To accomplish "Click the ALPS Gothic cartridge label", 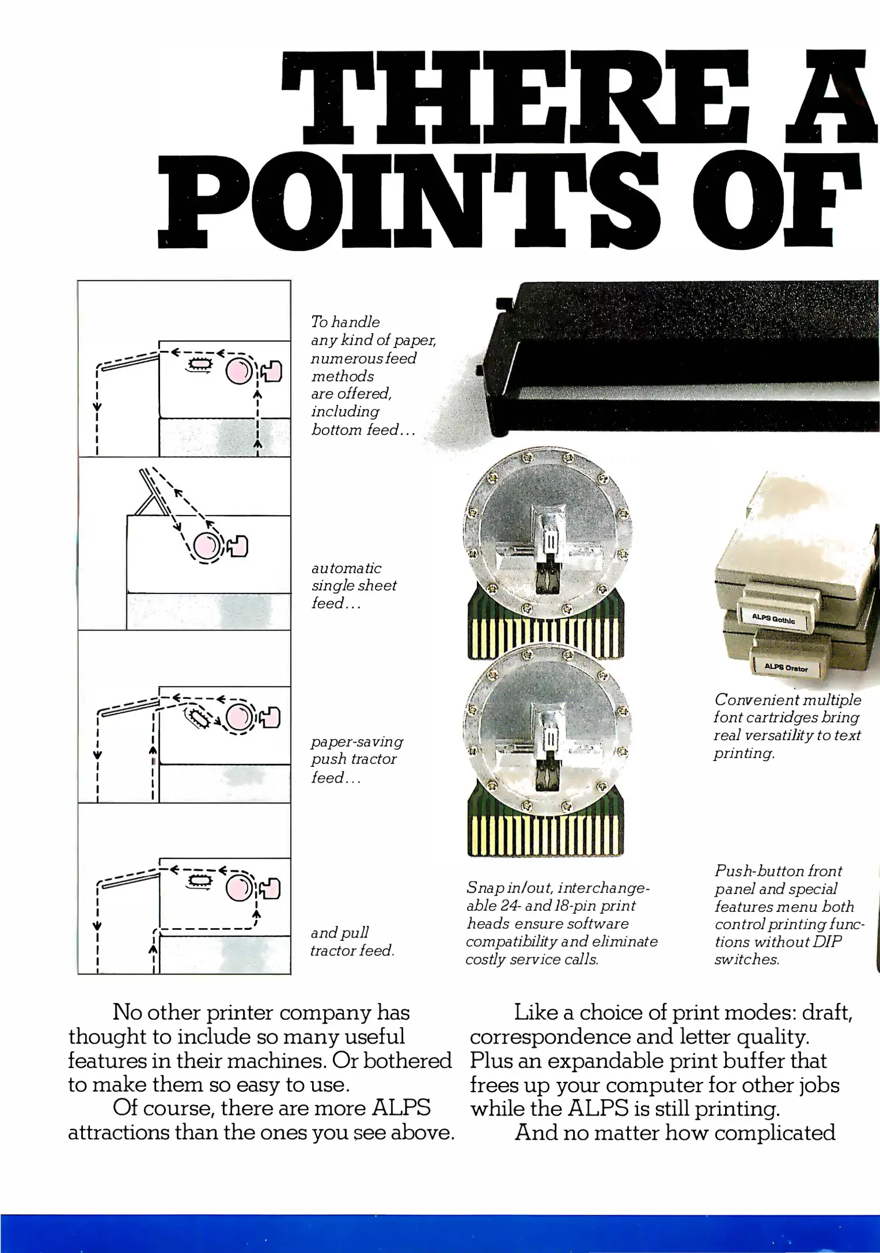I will [773, 619].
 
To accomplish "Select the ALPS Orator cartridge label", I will [785, 668].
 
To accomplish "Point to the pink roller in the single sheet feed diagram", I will [205, 545].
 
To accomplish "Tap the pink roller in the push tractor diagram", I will [237, 718].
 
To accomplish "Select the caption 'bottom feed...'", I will [363, 430].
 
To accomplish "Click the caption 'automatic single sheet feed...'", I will [354, 585].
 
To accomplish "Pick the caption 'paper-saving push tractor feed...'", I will [356, 759].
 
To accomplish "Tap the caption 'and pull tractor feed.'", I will [352, 941].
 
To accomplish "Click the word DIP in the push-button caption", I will [826, 941].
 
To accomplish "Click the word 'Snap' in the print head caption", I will [481, 888].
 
